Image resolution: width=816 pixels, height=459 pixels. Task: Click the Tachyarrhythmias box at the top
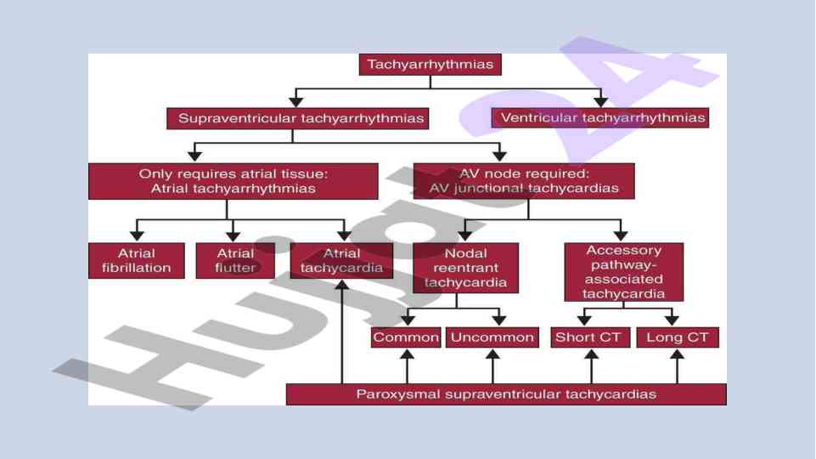click(x=431, y=65)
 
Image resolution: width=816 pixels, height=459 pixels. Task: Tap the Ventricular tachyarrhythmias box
click(x=601, y=118)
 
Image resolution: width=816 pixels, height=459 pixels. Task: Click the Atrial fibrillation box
click(x=136, y=260)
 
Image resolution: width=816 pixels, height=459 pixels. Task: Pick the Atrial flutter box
click(x=235, y=260)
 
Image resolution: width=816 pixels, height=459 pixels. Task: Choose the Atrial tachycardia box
click(x=341, y=260)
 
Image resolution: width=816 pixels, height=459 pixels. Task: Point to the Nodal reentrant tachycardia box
click(x=465, y=268)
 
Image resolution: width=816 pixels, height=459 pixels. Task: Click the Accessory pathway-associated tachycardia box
click(x=623, y=272)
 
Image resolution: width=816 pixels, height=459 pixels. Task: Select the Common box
click(x=406, y=337)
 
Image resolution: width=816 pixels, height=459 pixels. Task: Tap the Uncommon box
click(x=492, y=337)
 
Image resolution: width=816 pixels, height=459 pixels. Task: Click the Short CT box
click(x=588, y=337)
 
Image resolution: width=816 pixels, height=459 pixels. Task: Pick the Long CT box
click(x=677, y=337)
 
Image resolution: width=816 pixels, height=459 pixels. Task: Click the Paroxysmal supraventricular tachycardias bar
click(x=506, y=394)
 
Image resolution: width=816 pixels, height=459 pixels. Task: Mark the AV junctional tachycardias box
click(x=524, y=180)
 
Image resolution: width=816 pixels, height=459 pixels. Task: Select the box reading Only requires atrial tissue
click(x=233, y=180)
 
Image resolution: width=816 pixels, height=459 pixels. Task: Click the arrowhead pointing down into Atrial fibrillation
click(x=136, y=235)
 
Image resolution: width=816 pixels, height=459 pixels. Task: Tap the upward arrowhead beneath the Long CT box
click(x=677, y=354)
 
